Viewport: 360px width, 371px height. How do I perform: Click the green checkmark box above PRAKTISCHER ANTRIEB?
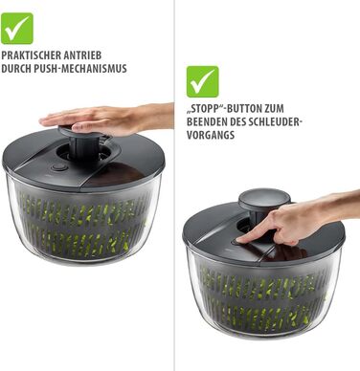(17, 29)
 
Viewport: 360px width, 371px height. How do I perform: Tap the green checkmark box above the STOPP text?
(203, 81)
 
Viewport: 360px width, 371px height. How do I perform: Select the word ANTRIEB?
(82, 55)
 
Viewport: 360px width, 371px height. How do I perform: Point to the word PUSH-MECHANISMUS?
(83, 69)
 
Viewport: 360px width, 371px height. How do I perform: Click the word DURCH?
(19, 69)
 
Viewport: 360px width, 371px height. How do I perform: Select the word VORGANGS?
(211, 135)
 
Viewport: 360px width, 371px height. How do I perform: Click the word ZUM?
(274, 108)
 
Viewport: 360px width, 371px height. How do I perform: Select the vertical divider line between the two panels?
(174, 185)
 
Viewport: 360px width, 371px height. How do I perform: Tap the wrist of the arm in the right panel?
(332, 208)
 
